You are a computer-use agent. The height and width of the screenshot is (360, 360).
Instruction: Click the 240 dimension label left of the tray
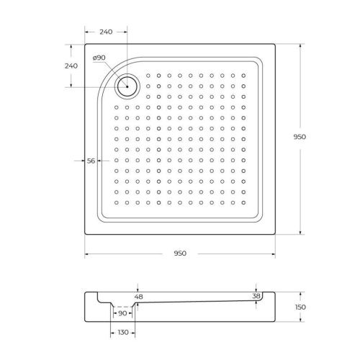click(x=71, y=66)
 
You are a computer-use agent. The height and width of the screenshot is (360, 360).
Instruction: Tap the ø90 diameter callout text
click(x=99, y=58)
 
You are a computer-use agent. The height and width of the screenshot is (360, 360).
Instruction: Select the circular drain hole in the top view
click(x=127, y=86)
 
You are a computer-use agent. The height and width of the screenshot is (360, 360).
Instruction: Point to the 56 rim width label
click(x=91, y=161)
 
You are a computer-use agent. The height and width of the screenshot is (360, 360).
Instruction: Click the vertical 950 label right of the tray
click(x=311, y=138)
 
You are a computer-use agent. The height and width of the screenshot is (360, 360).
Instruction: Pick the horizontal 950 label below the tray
click(x=180, y=253)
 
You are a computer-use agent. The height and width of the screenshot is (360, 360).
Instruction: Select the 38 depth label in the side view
click(x=256, y=297)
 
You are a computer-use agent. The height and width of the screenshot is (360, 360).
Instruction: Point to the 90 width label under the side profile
click(x=122, y=313)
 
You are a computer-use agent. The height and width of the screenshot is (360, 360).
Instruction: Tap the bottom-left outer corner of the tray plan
click(x=85, y=235)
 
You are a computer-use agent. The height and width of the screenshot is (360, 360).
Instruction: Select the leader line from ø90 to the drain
click(x=114, y=73)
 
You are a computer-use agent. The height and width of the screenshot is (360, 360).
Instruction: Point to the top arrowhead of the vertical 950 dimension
click(x=300, y=47)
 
